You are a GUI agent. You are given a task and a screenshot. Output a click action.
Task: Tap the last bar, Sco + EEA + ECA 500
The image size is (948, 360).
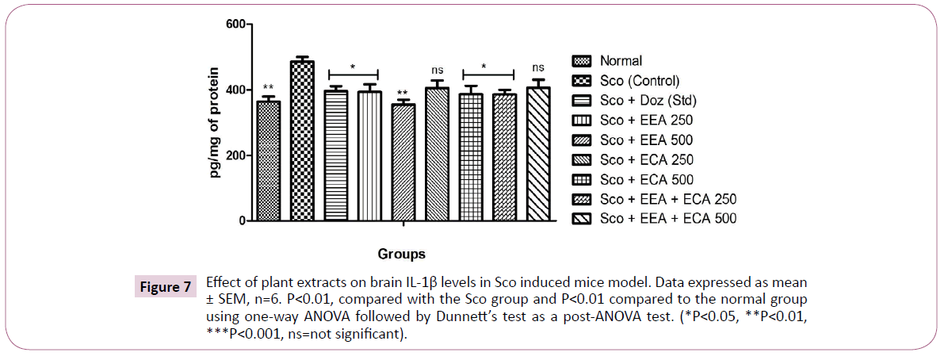(x=537, y=155)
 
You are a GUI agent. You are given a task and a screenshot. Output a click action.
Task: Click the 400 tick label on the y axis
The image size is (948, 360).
(x=231, y=90)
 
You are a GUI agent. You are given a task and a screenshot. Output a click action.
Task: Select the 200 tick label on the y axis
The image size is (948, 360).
(x=231, y=156)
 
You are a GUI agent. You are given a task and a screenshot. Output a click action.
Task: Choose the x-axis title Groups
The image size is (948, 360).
(x=402, y=255)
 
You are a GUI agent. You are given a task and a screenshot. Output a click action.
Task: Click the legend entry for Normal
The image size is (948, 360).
(x=621, y=60)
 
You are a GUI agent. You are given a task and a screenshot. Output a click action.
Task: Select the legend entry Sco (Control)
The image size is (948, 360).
(x=640, y=80)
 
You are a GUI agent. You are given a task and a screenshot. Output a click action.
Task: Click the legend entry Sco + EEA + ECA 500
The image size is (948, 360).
(x=668, y=218)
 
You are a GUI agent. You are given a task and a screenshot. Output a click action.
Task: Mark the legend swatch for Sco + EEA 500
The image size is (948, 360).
(x=583, y=140)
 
